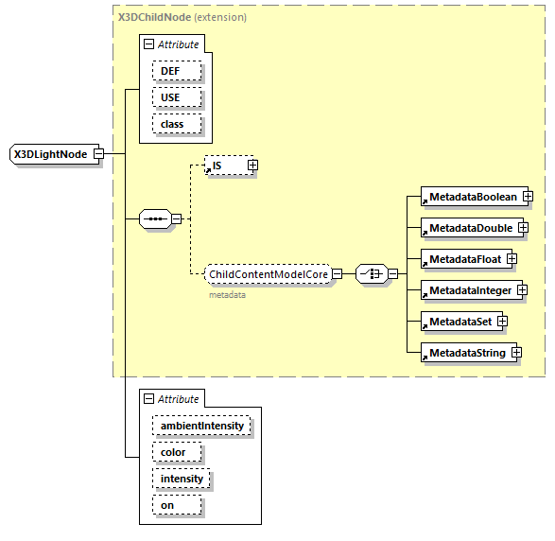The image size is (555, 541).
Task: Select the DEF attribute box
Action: tap(169, 71)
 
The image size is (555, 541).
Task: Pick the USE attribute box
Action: tap(169, 97)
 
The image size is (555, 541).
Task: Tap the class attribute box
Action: tap(172, 124)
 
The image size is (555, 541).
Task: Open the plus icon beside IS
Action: tap(252, 166)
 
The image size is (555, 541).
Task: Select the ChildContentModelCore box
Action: tap(269, 274)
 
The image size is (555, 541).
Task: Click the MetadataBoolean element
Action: tap(473, 197)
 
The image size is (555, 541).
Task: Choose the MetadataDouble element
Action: tap(470, 228)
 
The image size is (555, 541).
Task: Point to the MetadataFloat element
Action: tap(464, 258)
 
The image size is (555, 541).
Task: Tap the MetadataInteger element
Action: tap(469, 289)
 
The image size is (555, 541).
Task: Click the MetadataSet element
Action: tap(460, 322)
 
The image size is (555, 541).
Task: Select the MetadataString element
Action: tap(466, 353)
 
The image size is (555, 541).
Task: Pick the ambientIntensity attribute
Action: tap(201, 426)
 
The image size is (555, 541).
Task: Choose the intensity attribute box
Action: tap(182, 479)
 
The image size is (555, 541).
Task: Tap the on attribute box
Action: tap(166, 505)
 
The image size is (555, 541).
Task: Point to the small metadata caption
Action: tap(227, 295)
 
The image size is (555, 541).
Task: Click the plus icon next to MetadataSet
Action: tap(502, 322)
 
